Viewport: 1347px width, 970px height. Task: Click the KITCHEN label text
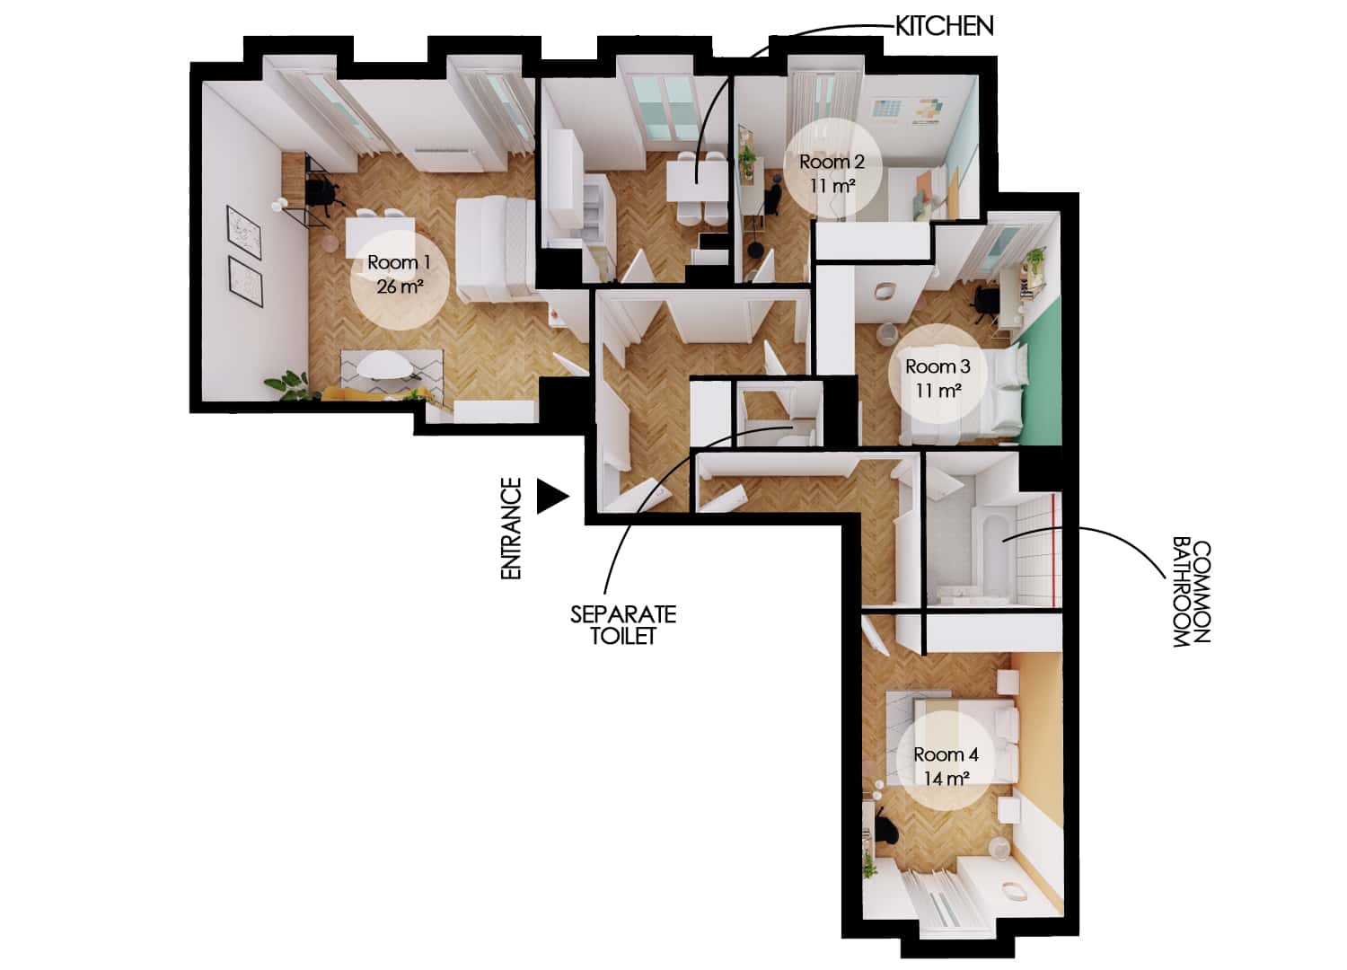tap(944, 27)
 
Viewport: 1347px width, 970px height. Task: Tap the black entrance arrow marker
tap(551, 496)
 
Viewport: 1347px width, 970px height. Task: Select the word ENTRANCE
tap(511, 528)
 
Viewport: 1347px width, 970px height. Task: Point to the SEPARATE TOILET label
tap(622, 625)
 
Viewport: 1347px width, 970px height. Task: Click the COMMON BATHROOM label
tap(1192, 593)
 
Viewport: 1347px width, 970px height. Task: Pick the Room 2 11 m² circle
tap(832, 172)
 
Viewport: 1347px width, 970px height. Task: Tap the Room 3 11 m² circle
tap(938, 378)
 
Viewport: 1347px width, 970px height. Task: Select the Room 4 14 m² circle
tap(946, 766)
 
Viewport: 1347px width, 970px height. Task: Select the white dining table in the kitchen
tap(697, 183)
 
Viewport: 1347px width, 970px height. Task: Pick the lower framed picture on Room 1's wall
tap(244, 280)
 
